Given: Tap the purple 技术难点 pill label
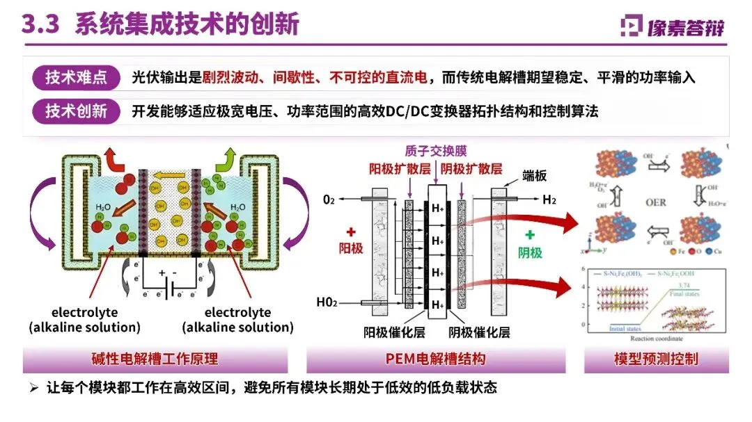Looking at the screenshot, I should [x=77, y=78].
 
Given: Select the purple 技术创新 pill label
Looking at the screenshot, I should [x=77, y=111].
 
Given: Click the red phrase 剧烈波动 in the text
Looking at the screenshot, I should [x=227, y=78].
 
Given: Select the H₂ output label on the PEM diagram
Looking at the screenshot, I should [x=550, y=200].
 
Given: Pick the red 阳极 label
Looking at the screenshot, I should [x=350, y=247].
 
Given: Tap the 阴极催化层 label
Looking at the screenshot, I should [x=479, y=332].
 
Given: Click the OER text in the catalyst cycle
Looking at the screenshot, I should [x=655, y=203].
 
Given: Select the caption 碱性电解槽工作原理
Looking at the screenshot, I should [x=155, y=359].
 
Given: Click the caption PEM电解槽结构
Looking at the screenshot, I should [x=435, y=359].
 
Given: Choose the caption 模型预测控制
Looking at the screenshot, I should [x=655, y=359].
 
